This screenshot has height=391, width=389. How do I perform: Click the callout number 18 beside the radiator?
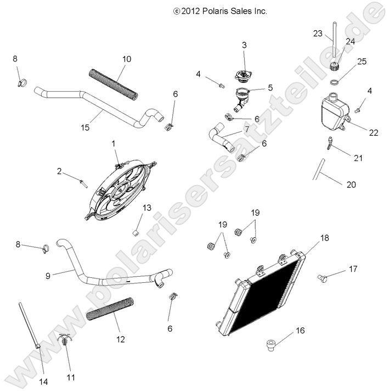(x=324, y=238)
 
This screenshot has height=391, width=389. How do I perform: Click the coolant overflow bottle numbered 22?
(x=334, y=114)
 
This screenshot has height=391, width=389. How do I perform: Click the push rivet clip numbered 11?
(x=66, y=344)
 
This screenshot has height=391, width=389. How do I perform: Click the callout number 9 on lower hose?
(x=48, y=275)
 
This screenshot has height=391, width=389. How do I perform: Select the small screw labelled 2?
(x=84, y=182)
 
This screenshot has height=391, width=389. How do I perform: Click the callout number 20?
(x=351, y=185)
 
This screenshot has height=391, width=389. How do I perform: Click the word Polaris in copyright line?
(x=216, y=10)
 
